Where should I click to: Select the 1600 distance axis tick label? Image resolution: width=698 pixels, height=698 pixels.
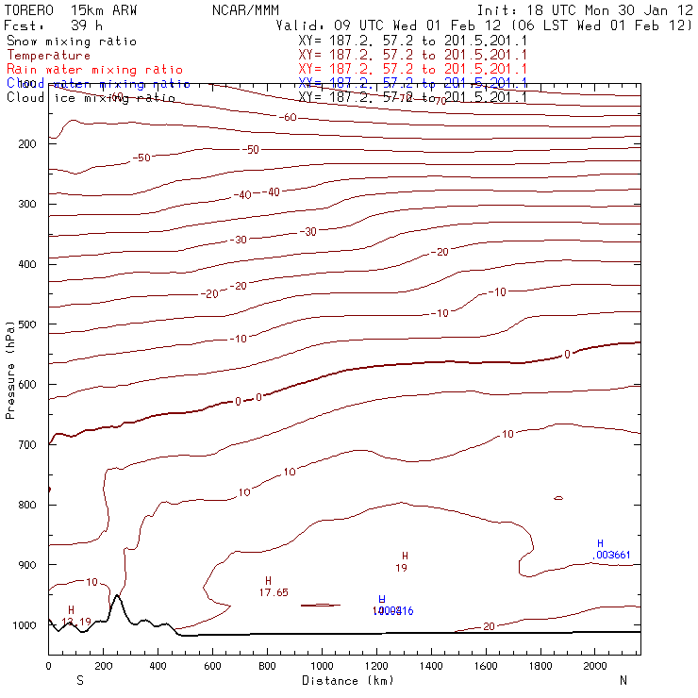coord(487,667)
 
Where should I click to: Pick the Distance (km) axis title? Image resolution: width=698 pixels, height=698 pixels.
coord(347,680)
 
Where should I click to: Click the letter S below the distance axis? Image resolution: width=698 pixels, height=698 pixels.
coord(80,680)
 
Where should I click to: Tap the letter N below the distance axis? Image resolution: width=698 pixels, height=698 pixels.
coord(623,680)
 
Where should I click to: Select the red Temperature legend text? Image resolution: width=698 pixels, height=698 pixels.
coord(48,56)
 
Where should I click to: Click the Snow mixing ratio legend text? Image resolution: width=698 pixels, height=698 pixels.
coord(71,42)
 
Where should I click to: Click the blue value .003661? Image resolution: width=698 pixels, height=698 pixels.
coord(612,555)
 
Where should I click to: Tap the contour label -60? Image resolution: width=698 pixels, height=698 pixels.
coord(289,117)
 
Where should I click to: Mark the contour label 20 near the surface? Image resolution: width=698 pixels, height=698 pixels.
coord(489,626)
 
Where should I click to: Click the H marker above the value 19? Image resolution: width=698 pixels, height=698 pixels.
coord(405,557)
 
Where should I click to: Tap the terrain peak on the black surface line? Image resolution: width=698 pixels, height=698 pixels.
coord(116,596)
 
